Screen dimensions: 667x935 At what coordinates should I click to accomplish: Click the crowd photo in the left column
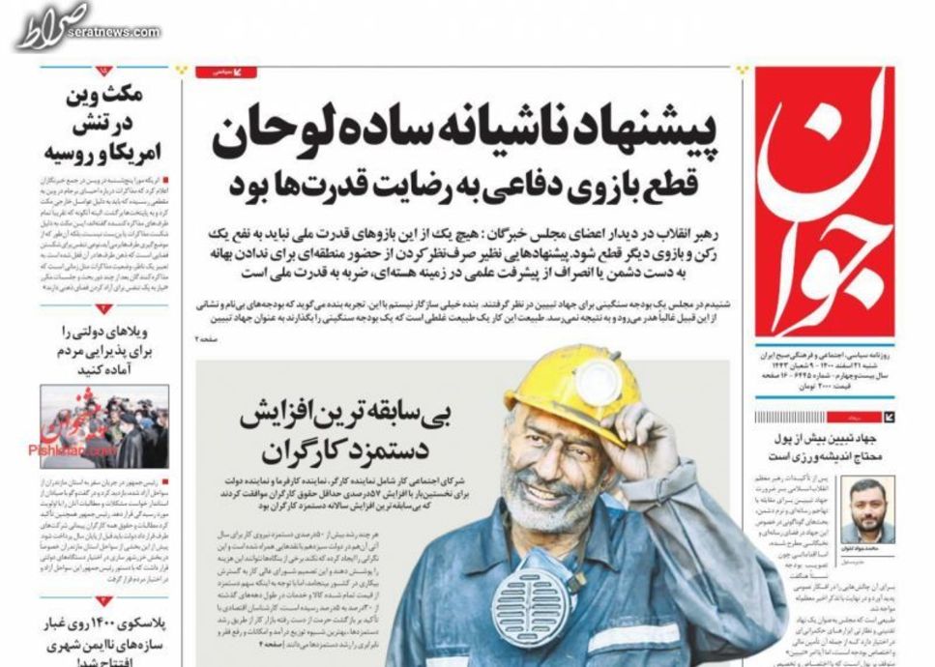click(104, 425)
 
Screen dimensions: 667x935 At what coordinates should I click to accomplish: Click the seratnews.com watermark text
click(113, 32)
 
